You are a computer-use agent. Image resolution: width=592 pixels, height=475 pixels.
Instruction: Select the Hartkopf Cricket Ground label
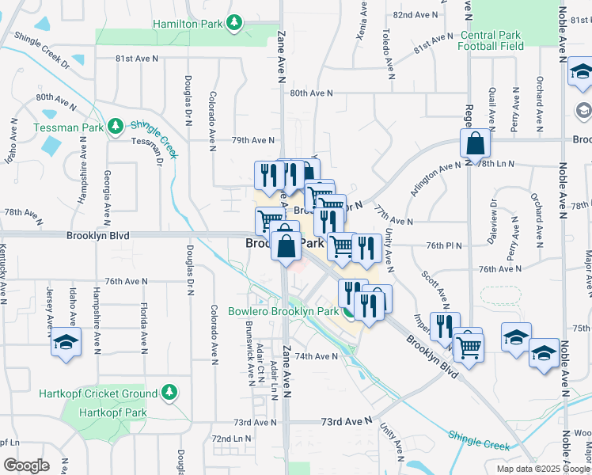click(98, 393)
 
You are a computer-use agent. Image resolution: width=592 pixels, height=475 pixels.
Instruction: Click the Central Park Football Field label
click(491, 40)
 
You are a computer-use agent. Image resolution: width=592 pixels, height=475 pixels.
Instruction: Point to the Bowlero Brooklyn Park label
click(283, 311)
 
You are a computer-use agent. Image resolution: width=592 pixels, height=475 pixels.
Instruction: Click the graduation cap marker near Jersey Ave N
click(66, 342)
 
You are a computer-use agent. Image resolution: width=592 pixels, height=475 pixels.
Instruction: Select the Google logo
click(27, 465)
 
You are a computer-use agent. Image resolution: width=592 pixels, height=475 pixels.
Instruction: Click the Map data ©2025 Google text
click(542, 469)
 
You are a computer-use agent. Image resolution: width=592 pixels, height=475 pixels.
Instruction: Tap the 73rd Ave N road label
click(346, 424)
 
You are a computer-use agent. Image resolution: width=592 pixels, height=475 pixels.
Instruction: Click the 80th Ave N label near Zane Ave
click(311, 93)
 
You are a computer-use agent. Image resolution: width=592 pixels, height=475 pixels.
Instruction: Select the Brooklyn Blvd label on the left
click(97, 235)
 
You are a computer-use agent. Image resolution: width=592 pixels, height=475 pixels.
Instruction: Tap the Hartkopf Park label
click(113, 412)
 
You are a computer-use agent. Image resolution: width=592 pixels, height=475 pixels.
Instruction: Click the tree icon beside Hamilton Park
click(233, 25)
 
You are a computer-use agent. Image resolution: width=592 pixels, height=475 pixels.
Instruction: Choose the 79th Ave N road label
click(252, 140)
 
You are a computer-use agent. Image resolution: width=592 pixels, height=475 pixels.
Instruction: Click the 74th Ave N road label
click(317, 357)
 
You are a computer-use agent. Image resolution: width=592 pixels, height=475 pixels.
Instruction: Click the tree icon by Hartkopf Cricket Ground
click(168, 393)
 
